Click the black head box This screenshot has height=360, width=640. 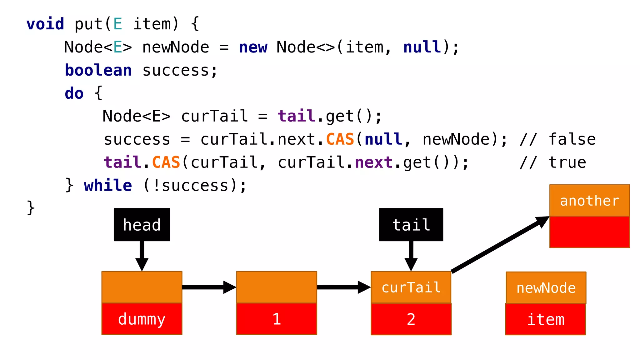(x=142, y=225)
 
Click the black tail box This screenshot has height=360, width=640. (x=411, y=225)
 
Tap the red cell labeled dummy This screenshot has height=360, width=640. (x=142, y=319)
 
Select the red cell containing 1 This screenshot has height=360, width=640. (x=277, y=319)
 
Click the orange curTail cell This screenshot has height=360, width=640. (x=411, y=287)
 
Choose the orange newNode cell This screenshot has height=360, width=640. (x=546, y=287)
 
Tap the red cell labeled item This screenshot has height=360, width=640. (x=546, y=319)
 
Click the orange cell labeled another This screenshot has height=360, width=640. (x=589, y=200)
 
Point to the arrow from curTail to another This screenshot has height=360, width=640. (x=500, y=244)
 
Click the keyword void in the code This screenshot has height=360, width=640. (x=45, y=24)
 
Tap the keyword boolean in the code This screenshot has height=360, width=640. (x=98, y=70)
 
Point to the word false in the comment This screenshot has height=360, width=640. (x=572, y=139)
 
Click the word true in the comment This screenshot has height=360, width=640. (x=567, y=162)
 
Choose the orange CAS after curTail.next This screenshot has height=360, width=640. (x=340, y=139)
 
